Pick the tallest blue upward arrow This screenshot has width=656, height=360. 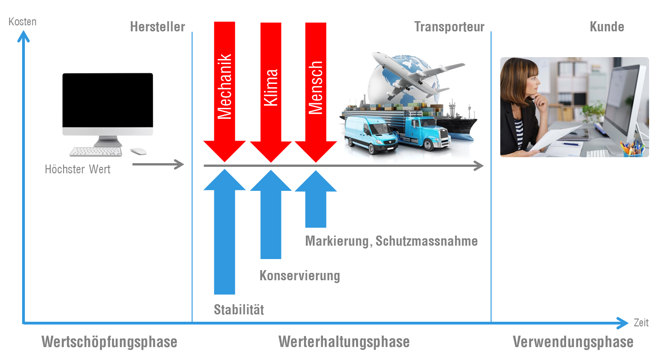(x=224, y=230)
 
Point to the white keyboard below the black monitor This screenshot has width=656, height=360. (x=96, y=151)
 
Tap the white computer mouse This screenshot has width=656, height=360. (x=138, y=151)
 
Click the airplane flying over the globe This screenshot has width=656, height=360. (x=415, y=74)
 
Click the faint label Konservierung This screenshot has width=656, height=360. (x=300, y=275)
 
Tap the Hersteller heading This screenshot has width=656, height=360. (x=158, y=27)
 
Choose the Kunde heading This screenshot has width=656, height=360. (x=607, y=27)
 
